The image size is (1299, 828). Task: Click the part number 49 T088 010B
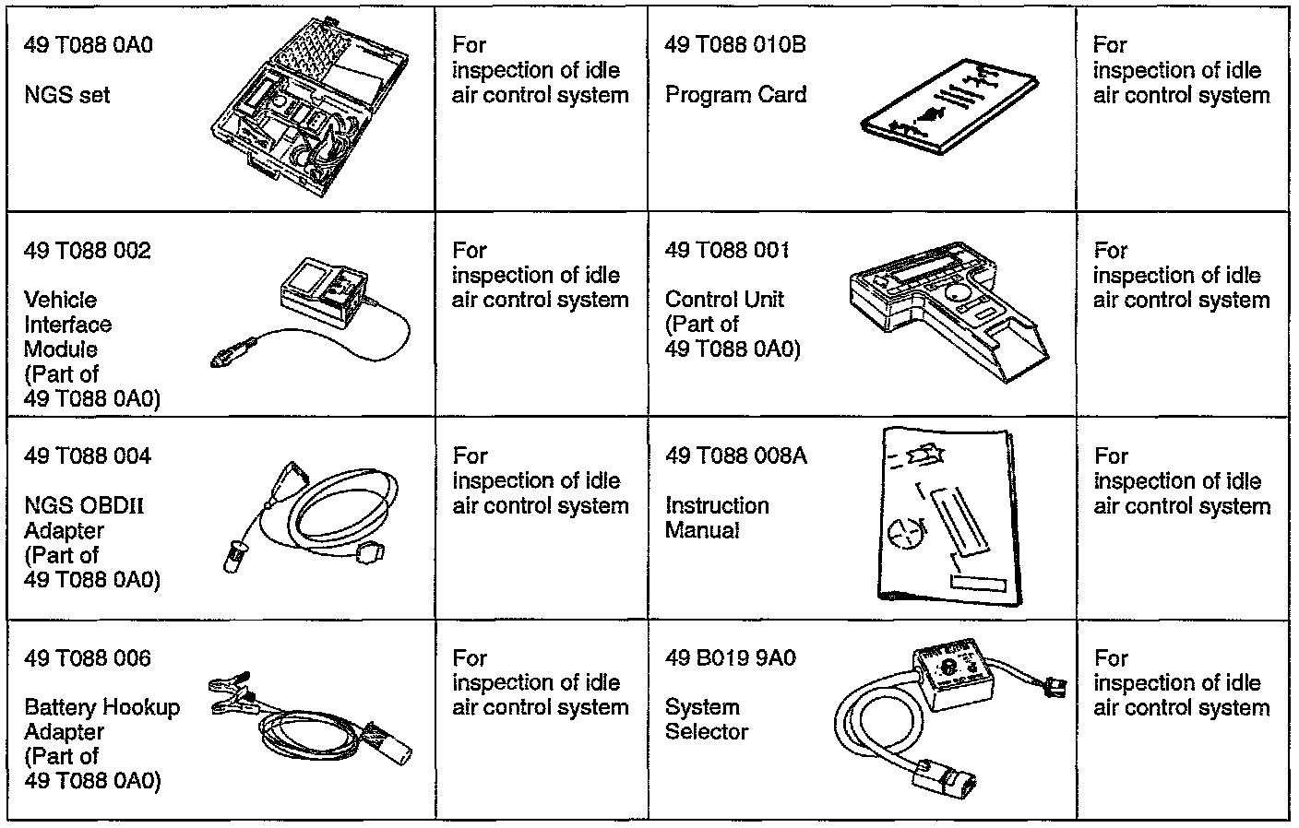click(x=734, y=45)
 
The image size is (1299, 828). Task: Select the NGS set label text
click(x=66, y=95)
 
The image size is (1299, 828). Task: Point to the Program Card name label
click(x=735, y=95)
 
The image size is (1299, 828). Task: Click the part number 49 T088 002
click(x=87, y=251)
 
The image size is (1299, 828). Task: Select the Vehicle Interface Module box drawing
click(x=325, y=292)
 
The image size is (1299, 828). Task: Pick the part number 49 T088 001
click(x=727, y=251)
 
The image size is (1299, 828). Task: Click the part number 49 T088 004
click(x=87, y=456)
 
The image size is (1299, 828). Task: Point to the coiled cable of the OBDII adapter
click(x=341, y=512)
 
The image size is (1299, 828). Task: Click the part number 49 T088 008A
click(x=735, y=456)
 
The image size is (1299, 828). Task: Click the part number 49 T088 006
click(x=87, y=659)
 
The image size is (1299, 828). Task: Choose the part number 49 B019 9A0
click(x=730, y=659)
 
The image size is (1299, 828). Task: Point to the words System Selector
click(x=706, y=719)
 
